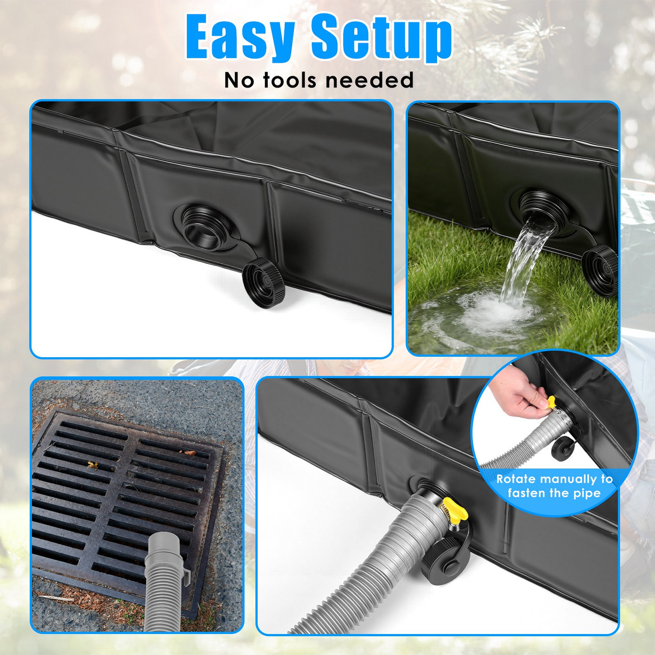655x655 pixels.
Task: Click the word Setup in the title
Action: point(382,37)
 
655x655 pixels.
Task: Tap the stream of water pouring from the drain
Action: point(522,261)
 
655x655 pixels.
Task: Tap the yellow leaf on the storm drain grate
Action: point(93,465)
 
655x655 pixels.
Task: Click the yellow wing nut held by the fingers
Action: point(551,402)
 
